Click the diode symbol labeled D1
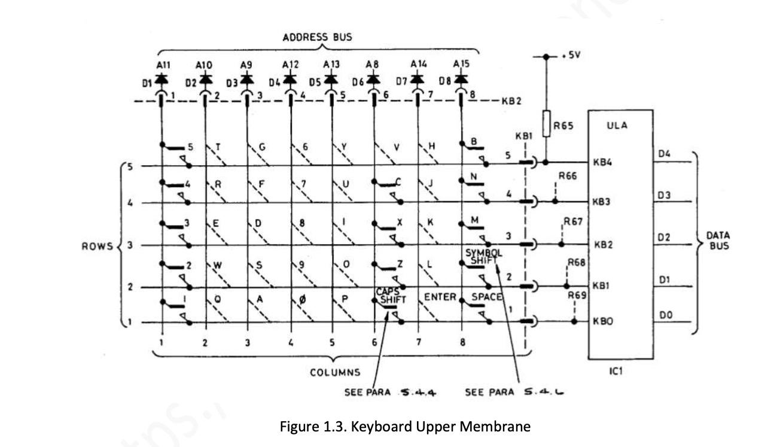pyautogui.click(x=161, y=80)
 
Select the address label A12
pyautogui.click(x=291, y=64)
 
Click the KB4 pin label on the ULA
pyautogui.click(x=601, y=162)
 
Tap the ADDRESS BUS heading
pyautogui.click(x=317, y=37)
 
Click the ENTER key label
pyautogui.click(x=440, y=297)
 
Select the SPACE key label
pyautogui.click(x=486, y=297)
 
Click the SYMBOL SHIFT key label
pyautogui.click(x=484, y=256)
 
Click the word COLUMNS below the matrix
pyautogui.click(x=335, y=372)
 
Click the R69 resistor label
pyautogui.click(x=577, y=296)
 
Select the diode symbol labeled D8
pyautogui.click(x=461, y=80)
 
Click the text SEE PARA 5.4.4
pyautogui.click(x=388, y=393)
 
